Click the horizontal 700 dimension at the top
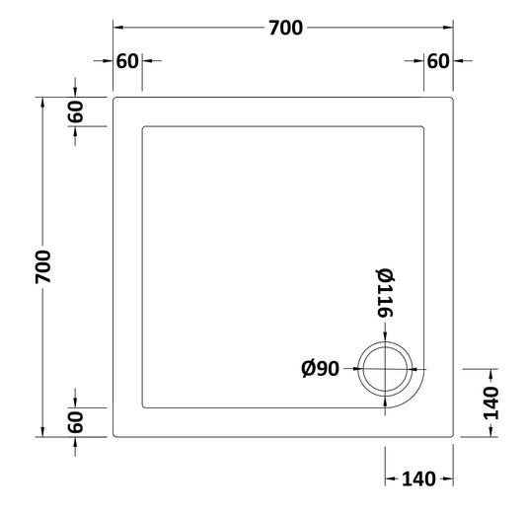[x=286, y=28]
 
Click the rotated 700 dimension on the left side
[x=43, y=266]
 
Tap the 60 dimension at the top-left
[x=127, y=61]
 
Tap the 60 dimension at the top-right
[x=438, y=61]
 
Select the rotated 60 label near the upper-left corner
[x=75, y=111]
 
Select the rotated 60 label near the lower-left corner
[x=75, y=422]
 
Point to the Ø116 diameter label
[x=384, y=293]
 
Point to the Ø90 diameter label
[x=320, y=369]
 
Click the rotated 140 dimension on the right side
[x=490, y=402]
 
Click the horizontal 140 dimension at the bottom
[x=418, y=478]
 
